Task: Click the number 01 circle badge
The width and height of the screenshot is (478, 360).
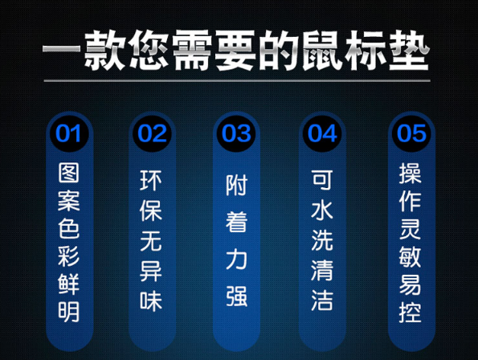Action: coord(69,133)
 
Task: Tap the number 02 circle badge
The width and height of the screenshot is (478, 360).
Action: coord(152,133)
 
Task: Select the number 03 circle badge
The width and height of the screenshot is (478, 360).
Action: coord(236,133)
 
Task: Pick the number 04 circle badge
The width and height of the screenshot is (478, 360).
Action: coord(322,133)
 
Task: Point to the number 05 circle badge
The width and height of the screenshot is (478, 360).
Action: coord(411,133)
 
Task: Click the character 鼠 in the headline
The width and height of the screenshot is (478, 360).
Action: coord(322,51)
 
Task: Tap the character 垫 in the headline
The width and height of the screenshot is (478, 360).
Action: coord(409,51)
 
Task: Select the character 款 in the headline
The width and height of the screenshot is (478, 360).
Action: coord(105,51)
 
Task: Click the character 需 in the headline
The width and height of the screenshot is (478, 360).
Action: coord(192,51)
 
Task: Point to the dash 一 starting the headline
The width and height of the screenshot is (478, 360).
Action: coord(61,49)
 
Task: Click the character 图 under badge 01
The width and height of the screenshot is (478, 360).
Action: coord(69,173)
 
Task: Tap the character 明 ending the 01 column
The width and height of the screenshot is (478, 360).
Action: coord(69,312)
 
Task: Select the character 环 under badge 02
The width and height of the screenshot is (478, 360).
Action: coord(151,180)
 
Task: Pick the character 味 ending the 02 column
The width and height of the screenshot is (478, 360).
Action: coord(151,301)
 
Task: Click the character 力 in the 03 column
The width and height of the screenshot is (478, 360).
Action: coord(236,260)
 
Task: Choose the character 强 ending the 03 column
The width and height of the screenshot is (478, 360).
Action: coord(236,296)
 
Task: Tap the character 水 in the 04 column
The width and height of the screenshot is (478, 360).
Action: coord(322,211)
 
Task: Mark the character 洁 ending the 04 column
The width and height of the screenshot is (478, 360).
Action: coord(322,301)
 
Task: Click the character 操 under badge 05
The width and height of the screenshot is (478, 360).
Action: coord(411,173)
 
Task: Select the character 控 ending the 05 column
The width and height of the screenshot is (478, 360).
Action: coord(411,312)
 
